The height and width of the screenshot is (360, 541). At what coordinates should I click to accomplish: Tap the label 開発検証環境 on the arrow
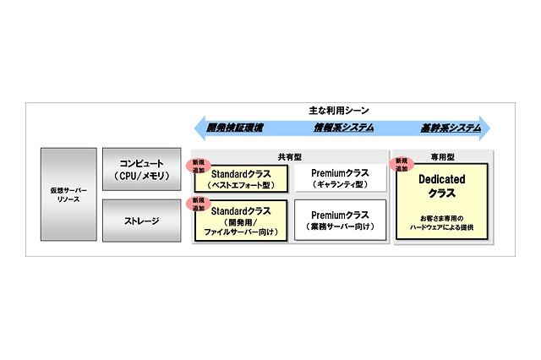tap(235, 128)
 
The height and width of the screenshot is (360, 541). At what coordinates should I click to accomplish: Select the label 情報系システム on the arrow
tap(342, 128)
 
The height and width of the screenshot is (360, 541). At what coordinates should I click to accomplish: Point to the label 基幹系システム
tap(451, 128)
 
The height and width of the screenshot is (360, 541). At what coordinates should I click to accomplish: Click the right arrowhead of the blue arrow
tap(485, 128)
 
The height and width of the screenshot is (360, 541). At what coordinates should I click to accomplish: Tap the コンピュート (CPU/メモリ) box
tap(141, 171)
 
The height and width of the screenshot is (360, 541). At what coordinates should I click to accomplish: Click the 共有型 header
tap(289, 156)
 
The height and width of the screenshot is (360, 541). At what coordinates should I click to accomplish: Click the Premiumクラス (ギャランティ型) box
tap(337, 178)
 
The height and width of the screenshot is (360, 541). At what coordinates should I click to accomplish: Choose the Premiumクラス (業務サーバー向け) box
tap(337, 221)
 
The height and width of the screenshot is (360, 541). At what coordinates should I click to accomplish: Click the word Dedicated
tap(441, 180)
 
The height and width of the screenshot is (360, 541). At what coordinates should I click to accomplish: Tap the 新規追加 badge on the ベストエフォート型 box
tap(197, 165)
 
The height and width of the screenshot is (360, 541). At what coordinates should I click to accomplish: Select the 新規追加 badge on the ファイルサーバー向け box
tap(197, 204)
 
